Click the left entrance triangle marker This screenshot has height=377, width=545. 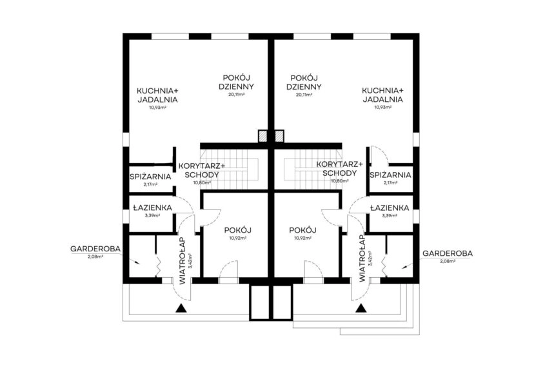[181, 308]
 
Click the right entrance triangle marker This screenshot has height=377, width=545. [361, 308]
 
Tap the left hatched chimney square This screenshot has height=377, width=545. [263, 136]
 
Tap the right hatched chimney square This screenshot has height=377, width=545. [279, 136]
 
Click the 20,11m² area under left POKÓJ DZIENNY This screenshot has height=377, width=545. [236, 95]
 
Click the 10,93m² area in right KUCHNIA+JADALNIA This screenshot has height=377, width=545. [383, 107]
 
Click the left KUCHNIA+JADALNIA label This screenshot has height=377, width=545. [157, 95]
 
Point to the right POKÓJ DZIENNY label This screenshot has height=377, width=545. [304, 82]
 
